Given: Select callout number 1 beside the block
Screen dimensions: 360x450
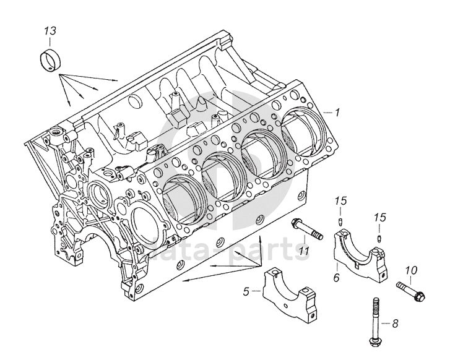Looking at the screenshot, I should [338, 113].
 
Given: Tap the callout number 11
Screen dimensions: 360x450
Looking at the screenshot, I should [304, 249].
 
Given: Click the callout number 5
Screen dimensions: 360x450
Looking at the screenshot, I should [247, 290].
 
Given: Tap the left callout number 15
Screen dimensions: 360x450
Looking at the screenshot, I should [339, 200].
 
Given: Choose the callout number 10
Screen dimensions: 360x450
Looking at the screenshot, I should [411, 270].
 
